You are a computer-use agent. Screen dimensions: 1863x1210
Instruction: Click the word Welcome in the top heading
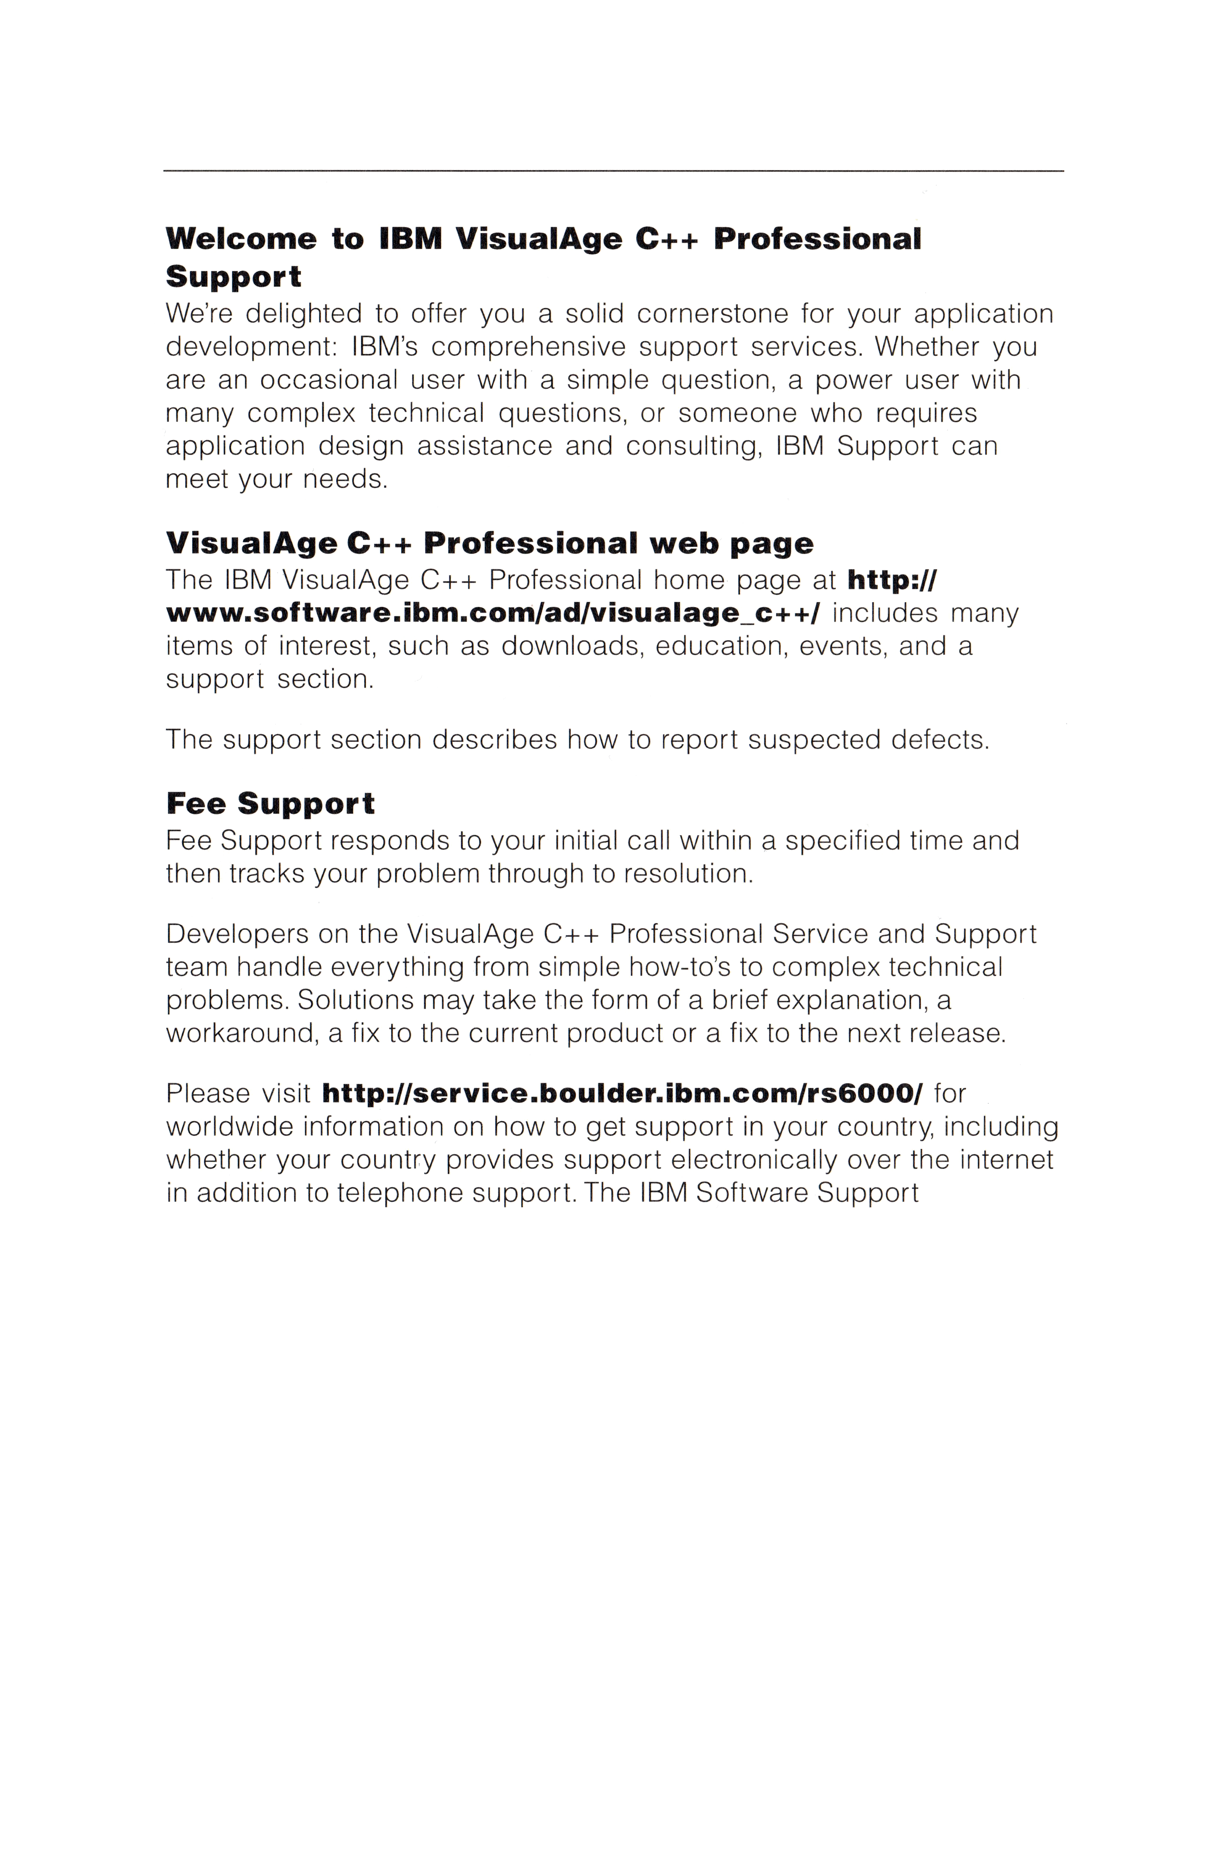pyautogui.click(x=240, y=239)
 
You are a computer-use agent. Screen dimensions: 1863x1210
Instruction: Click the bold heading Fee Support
pyautogui.click(x=270, y=804)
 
